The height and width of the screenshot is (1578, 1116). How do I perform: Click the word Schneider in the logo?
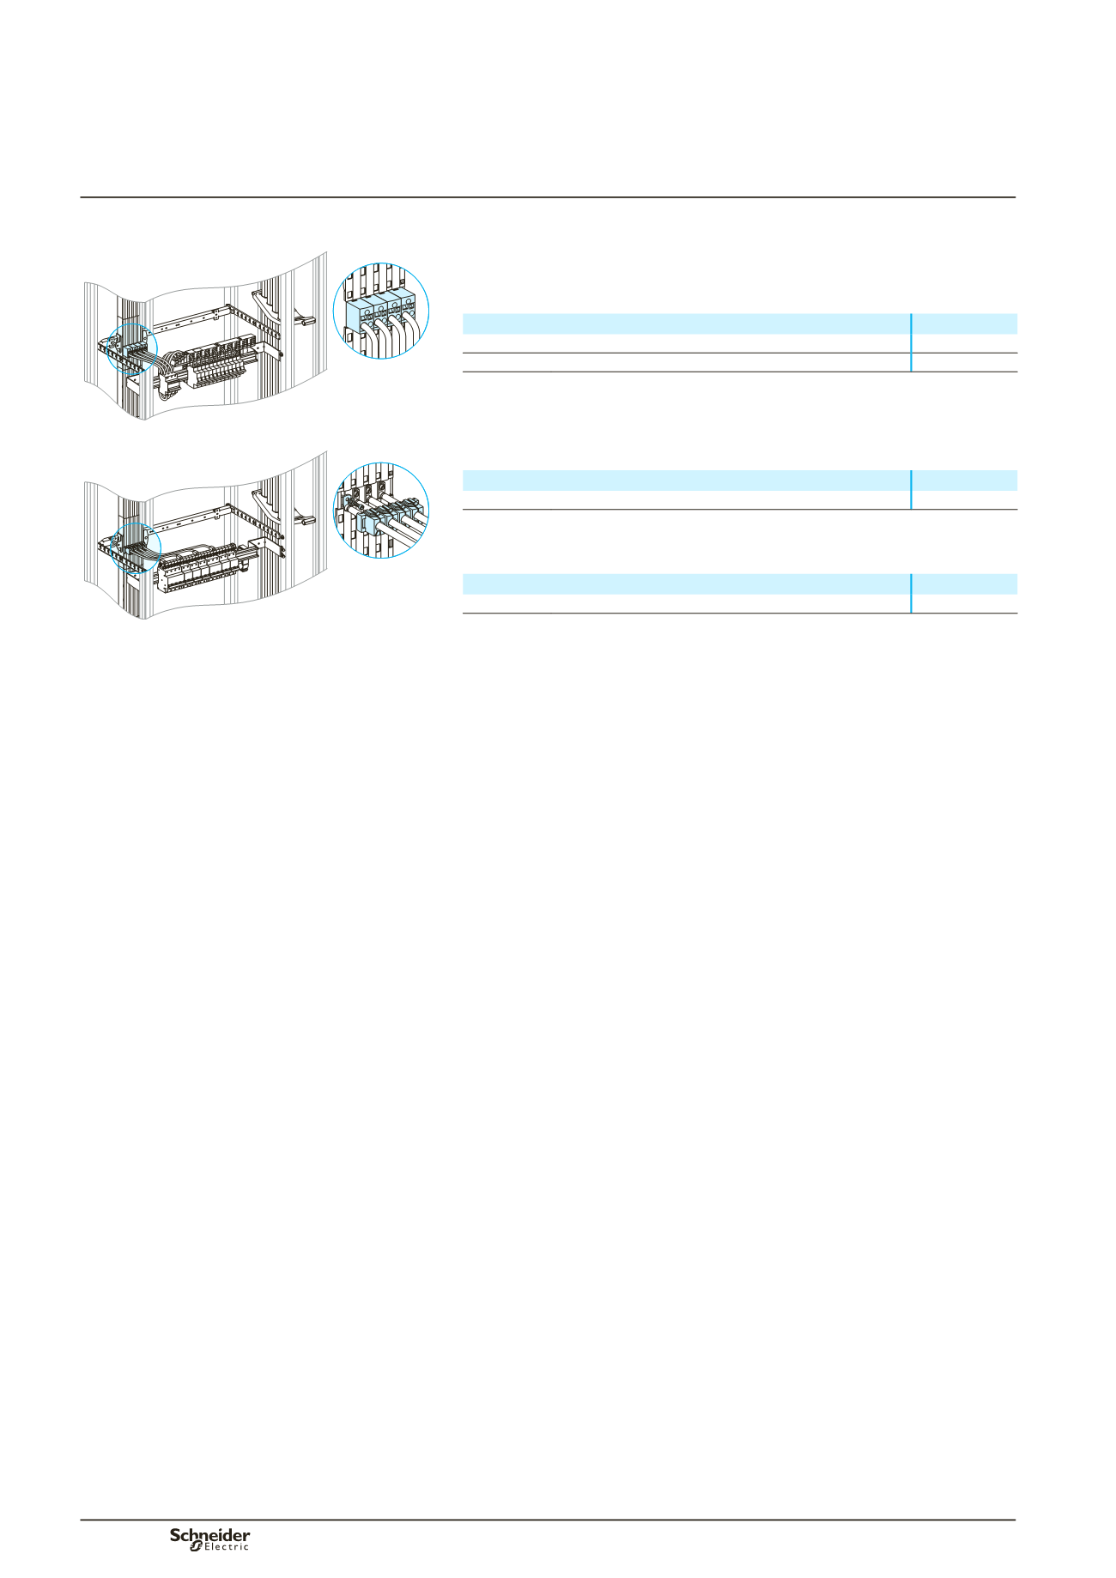(210, 1535)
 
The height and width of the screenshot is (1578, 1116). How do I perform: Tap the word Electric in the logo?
(227, 1547)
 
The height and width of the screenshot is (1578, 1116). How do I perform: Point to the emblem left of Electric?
(196, 1546)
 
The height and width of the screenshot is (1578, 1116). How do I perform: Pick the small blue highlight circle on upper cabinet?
(132, 349)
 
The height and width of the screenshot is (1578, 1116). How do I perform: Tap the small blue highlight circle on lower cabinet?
(136, 547)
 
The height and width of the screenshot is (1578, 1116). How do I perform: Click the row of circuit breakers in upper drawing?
(223, 365)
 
